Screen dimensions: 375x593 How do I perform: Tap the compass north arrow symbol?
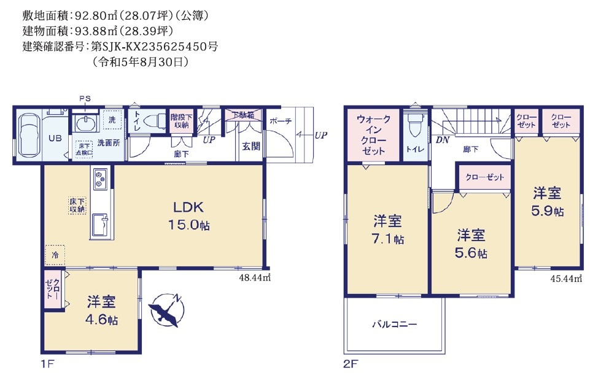165,309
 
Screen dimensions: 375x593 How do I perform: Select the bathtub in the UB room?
28,135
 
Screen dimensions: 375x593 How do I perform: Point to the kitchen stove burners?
99,180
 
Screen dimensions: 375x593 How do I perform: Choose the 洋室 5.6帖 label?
471,243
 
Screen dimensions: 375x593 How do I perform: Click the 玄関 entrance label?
250,146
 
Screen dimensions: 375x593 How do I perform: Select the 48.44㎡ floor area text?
255,277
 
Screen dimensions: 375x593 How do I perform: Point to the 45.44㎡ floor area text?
565,278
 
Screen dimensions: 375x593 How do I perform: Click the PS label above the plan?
84,99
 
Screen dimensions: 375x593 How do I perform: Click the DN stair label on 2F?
442,140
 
